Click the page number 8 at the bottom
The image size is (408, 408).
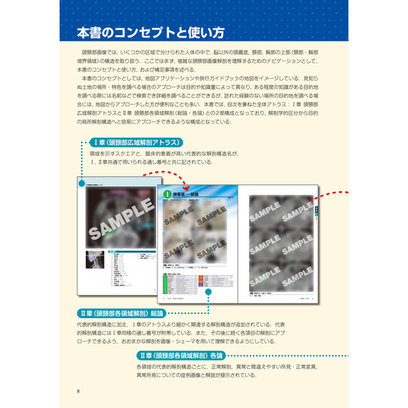[x=77, y=391]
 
